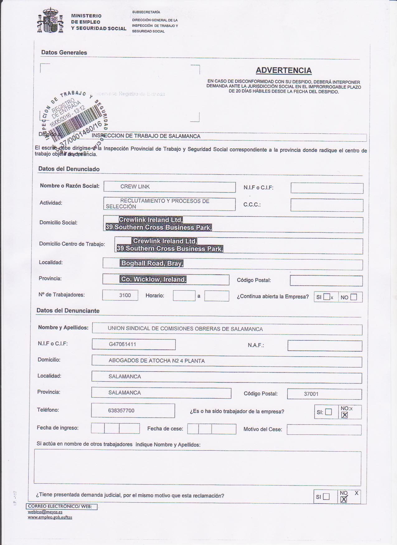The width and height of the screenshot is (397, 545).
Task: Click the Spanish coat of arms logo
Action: coord(50,21)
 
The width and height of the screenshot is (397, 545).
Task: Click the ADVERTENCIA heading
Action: coord(284,70)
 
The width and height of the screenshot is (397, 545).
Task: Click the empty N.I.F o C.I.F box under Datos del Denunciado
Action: coord(327,188)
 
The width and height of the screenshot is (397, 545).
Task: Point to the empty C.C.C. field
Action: coord(327,205)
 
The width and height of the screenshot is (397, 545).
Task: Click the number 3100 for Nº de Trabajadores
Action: coord(125,295)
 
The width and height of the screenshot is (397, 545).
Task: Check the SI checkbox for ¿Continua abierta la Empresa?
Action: coord(326,297)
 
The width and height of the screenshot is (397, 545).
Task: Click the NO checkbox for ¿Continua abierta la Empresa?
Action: coord(353,297)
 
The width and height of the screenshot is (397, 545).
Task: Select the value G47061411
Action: coord(122,344)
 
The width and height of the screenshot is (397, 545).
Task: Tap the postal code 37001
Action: coord(311,394)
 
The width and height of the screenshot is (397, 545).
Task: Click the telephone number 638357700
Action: coord(121,410)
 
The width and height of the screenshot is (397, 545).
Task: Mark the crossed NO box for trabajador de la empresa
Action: coord(344,415)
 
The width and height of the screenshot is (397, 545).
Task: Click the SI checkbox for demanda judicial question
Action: coord(326,496)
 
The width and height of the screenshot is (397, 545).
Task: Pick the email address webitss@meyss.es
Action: coord(45,512)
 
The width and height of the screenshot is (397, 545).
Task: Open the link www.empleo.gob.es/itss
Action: coord(50,517)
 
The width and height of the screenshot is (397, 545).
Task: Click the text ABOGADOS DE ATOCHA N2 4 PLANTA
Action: coord(157,361)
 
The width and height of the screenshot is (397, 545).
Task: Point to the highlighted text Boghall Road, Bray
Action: coord(152,263)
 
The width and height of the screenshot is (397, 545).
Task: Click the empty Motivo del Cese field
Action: coord(324,430)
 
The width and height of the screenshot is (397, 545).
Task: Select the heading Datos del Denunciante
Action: coord(68,310)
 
